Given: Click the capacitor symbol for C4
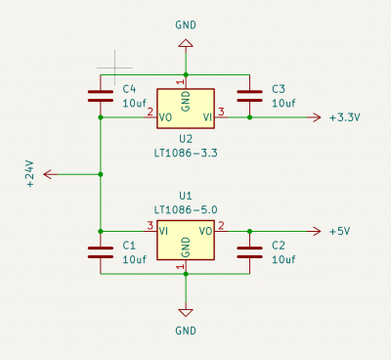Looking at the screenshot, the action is pyautogui.click(x=101, y=96).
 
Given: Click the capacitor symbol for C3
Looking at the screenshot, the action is pyautogui.click(x=249, y=96).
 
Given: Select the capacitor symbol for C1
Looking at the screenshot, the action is pyautogui.click(x=101, y=252).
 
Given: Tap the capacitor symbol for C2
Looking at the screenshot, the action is pyautogui.click(x=249, y=252).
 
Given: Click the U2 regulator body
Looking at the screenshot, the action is pyautogui.click(x=186, y=109).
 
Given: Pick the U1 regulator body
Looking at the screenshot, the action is pyautogui.click(x=186, y=240).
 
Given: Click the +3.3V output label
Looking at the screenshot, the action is pyautogui.click(x=345, y=117).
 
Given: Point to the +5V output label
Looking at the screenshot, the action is pyautogui.click(x=339, y=232).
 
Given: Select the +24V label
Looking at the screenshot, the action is pyautogui.click(x=30, y=174).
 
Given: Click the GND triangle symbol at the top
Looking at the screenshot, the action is pyautogui.click(x=186, y=43).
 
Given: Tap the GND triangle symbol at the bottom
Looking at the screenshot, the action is pyautogui.click(x=186, y=312).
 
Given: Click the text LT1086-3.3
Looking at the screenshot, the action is pyautogui.click(x=186, y=153).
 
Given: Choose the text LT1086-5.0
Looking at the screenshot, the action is pyautogui.click(x=186, y=209).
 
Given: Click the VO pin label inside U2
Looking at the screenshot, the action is pyautogui.click(x=165, y=117).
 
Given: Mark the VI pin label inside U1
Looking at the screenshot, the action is pyautogui.click(x=163, y=231).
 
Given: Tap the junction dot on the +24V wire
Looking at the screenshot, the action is pyautogui.click(x=101, y=174).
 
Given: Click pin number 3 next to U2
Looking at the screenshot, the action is pyautogui.click(x=221, y=112).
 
